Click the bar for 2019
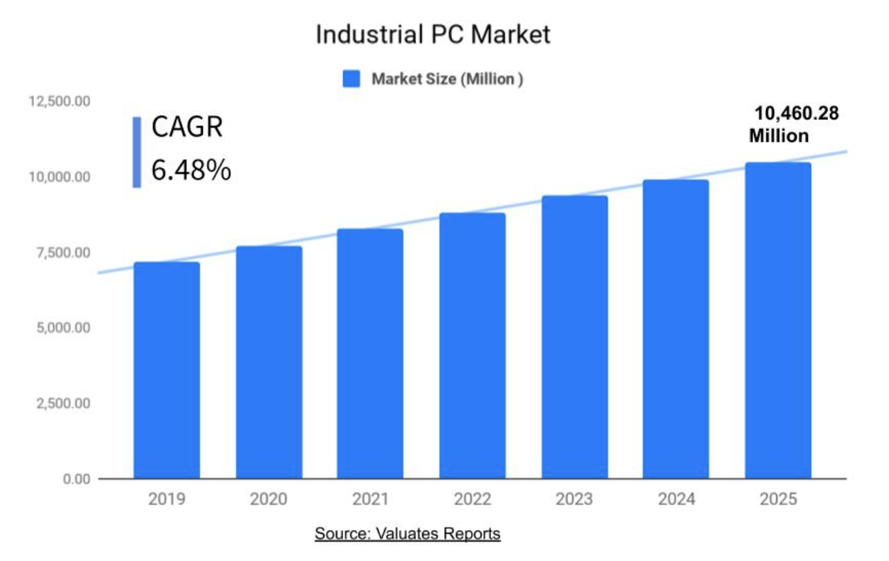pos(167,371)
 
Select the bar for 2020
pos(269,362)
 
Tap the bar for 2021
pos(370,353)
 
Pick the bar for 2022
pos(472,346)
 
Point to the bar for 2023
pos(575,337)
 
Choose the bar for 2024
pos(676,329)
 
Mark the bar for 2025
pos(778,320)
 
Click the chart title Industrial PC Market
pos(433,35)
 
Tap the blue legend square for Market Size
pos(352,79)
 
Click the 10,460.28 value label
pos(797,113)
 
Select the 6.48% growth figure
pos(191,170)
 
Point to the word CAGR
pos(188,128)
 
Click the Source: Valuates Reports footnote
pos(408,533)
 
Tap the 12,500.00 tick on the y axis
pos(59,101)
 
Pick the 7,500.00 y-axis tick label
pos(63,253)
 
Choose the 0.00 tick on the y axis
pos(77,479)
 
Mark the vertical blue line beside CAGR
pos(137,152)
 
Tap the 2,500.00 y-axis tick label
pos(63,403)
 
